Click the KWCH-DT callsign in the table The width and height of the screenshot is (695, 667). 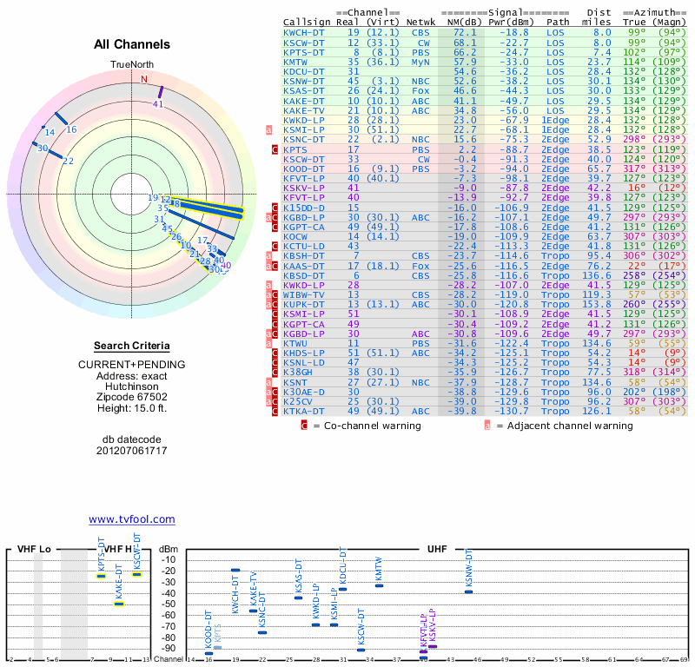(302, 32)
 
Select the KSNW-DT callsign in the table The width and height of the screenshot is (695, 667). (302, 81)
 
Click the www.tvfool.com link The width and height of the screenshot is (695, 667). (132, 519)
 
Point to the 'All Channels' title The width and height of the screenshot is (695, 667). (132, 45)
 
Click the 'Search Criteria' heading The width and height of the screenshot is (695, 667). (132, 346)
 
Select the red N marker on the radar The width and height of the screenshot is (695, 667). (144, 78)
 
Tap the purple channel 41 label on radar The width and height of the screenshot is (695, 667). (157, 104)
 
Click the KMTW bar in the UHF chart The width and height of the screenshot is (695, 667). (379, 585)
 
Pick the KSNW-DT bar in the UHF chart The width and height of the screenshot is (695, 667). (468, 591)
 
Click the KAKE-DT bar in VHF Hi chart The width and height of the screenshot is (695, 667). (119, 603)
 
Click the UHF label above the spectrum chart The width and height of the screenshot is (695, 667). (437, 550)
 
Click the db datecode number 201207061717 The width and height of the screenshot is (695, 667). (132, 451)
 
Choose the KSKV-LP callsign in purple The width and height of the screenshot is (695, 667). (302, 187)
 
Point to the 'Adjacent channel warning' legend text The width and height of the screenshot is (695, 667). (564, 426)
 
